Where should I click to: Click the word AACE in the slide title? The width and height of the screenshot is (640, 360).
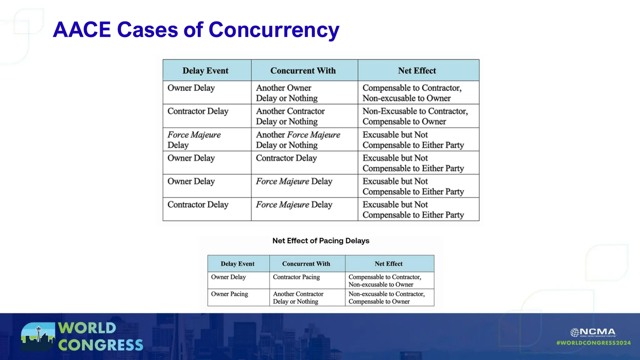coord(82,30)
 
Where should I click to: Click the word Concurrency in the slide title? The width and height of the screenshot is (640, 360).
coord(274,30)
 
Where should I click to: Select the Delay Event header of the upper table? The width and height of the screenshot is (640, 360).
coord(205,71)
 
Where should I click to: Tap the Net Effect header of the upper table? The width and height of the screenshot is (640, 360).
coord(417,71)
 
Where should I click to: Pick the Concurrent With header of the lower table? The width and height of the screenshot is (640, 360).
coord(306,264)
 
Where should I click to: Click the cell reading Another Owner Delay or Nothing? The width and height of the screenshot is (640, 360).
coord(287,93)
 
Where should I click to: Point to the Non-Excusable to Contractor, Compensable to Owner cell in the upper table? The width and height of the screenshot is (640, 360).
coord(415,116)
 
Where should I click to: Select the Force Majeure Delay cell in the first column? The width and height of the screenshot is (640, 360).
coord(194,140)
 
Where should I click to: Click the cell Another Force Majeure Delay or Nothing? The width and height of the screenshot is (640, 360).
coord(298,140)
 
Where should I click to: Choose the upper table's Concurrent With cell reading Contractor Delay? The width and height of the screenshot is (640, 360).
coord(286,158)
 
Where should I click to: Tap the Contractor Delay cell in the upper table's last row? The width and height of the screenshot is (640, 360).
coord(198,205)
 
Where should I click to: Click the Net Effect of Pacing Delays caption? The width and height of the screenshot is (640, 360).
coord(321,241)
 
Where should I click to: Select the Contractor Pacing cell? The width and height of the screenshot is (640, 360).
coord(296,277)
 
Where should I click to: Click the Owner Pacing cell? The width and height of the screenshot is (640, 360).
coord(229,294)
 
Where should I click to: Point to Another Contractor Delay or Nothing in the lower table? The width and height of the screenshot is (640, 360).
coord(298,297)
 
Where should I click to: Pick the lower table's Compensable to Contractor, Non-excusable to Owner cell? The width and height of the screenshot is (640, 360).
coord(385,281)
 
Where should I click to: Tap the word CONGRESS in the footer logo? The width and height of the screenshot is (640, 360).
coord(100,345)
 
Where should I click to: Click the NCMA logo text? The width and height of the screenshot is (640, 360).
coord(597,332)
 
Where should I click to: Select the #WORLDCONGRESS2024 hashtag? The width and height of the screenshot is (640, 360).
coord(593,343)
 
